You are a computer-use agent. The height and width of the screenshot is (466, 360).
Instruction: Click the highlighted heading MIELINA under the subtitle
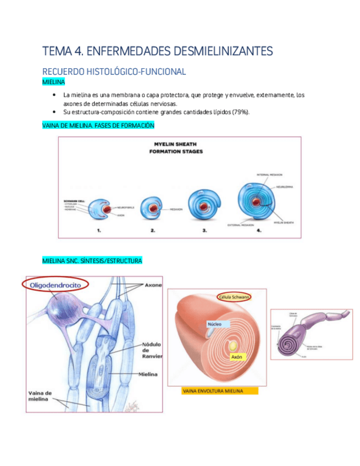pyautogui.click(x=53, y=82)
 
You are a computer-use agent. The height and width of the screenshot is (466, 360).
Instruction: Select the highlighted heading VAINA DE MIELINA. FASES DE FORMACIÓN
pyautogui.click(x=98, y=125)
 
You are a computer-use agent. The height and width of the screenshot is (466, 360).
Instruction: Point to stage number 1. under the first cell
pyautogui.click(x=99, y=231)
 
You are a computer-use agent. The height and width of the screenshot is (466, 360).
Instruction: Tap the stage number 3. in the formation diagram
pyautogui.click(x=204, y=231)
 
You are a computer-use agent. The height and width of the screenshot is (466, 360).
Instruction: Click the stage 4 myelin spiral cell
pyautogui.click(x=257, y=202)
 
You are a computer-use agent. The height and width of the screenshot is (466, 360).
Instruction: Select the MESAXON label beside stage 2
pyautogui.click(x=176, y=209)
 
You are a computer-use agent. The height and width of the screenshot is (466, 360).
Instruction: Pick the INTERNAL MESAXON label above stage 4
pyautogui.click(x=270, y=174)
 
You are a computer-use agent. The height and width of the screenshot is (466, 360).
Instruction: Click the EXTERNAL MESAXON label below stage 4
pyautogui.click(x=240, y=225)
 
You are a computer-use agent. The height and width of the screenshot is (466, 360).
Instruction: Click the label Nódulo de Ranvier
pyautogui.click(x=152, y=350)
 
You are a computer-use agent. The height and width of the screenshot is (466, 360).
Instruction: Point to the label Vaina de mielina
pyautogui.click(x=40, y=396)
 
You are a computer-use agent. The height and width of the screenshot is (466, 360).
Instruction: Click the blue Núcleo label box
pyautogui.click(x=214, y=324)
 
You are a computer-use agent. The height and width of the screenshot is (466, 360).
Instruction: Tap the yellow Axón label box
pyautogui.click(x=236, y=357)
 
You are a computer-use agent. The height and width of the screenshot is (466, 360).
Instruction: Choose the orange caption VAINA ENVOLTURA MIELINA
pyautogui.click(x=212, y=391)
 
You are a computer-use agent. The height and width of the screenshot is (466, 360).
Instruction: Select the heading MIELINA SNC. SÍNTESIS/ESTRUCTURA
pyautogui.click(x=92, y=260)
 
